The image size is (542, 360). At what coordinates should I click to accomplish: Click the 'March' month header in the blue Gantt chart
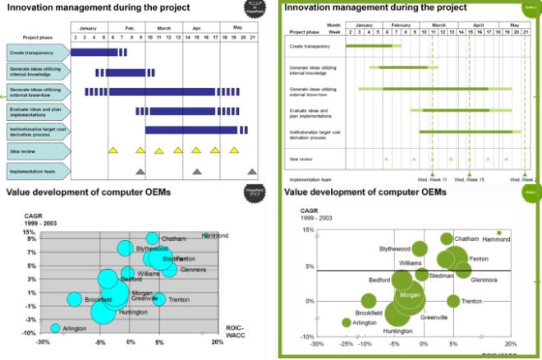[164, 26]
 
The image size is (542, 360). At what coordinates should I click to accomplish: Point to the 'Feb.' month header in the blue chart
[128, 26]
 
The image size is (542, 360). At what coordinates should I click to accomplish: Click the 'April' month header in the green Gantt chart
[478, 25]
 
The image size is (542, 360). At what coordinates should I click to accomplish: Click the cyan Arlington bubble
[55, 328]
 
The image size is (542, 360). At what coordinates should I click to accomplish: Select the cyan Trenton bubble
[159, 299]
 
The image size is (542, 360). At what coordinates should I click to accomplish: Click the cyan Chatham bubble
[153, 238]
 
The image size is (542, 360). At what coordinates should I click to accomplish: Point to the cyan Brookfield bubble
[75, 299]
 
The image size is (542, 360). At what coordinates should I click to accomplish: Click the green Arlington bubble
[347, 322]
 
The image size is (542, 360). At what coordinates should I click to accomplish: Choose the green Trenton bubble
[453, 301]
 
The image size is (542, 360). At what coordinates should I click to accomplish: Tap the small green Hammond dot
[498, 233]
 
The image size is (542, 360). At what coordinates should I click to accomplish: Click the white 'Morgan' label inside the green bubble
[410, 293]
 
